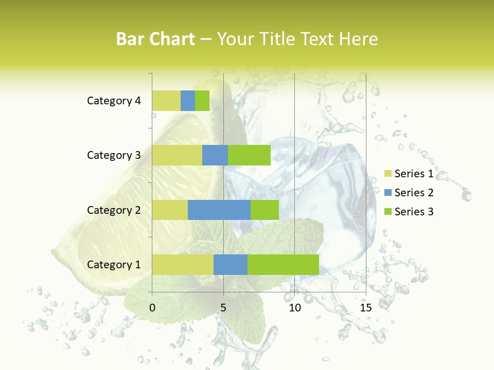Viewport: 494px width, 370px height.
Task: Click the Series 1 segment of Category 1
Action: pyautogui.click(x=183, y=264)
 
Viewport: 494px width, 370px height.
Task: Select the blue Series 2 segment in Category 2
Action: pyautogui.click(x=219, y=210)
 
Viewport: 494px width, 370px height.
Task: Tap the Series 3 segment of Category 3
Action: pyautogui.click(x=249, y=155)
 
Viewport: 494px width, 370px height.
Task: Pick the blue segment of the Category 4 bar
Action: pyautogui.click(x=188, y=101)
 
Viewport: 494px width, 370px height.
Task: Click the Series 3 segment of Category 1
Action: pyautogui.click(x=283, y=264)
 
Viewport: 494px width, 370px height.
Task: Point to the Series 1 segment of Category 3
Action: pyautogui.click(x=177, y=155)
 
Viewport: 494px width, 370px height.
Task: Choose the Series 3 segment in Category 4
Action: pyautogui.click(x=202, y=101)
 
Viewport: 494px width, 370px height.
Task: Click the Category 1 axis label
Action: pyautogui.click(x=114, y=265)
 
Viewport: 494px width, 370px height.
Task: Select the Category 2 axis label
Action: pyautogui.click(x=114, y=210)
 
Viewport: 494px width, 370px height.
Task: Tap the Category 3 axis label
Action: pyautogui.click(x=114, y=155)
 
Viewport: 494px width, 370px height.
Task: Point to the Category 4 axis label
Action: pyautogui.click(x=114, y=101)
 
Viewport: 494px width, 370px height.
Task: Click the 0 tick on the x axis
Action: pyautogui.click(x=152, y=308)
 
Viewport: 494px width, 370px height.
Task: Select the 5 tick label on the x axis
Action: pyautogui.click(x=223, y=308)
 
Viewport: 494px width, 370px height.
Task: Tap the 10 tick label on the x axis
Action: pyautogui.click(x=294, y=308)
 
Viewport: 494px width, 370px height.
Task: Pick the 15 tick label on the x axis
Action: pyautogui.click(x=366, y=308)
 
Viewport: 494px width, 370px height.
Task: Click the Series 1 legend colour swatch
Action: pyautogui.click(x=387, y=174)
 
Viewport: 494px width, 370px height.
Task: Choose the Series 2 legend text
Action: pyautogui.click(x=414, y=193)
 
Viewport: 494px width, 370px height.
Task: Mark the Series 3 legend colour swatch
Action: pyautogui.click(x=387, y=212)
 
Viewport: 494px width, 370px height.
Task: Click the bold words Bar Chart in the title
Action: pyautogui.click(x=155, y=39)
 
